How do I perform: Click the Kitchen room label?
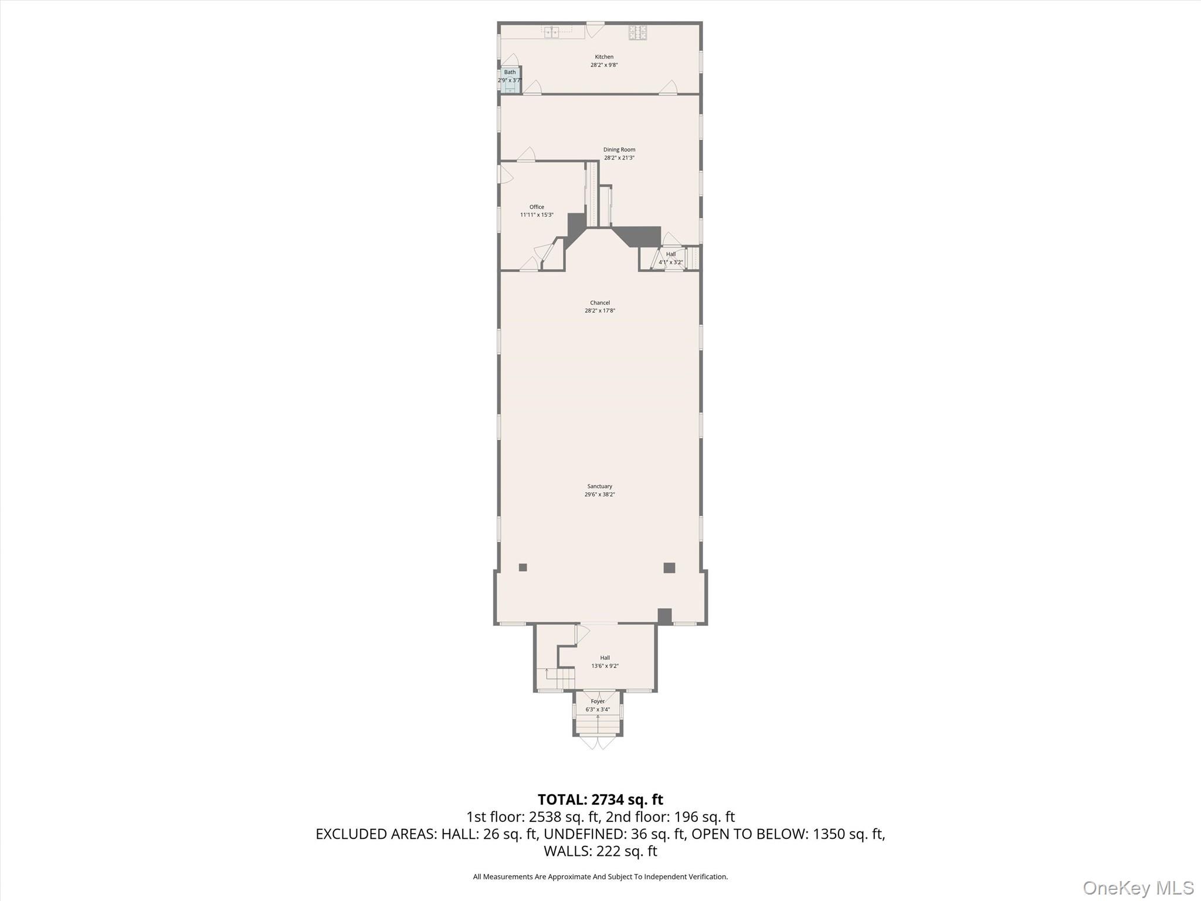point(604,57)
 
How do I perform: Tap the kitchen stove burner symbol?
point(638,32)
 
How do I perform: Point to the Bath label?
point(510,72)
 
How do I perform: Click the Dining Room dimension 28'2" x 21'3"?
point(619,158)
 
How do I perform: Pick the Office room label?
point(537,207)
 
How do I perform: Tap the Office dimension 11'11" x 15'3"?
point(537,215)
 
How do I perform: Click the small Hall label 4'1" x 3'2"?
point(671,258)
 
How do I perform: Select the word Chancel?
point(600,303)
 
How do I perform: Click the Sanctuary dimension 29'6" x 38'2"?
point(600,494)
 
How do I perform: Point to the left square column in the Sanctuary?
point(523,567)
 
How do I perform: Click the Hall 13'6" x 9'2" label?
point(605,662)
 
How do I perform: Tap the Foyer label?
point(598,702)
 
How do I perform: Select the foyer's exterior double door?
point(598,743)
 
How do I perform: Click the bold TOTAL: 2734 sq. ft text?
point(600,800)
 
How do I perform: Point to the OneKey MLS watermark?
point(1138,888)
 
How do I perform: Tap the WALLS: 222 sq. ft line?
point(600,851)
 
